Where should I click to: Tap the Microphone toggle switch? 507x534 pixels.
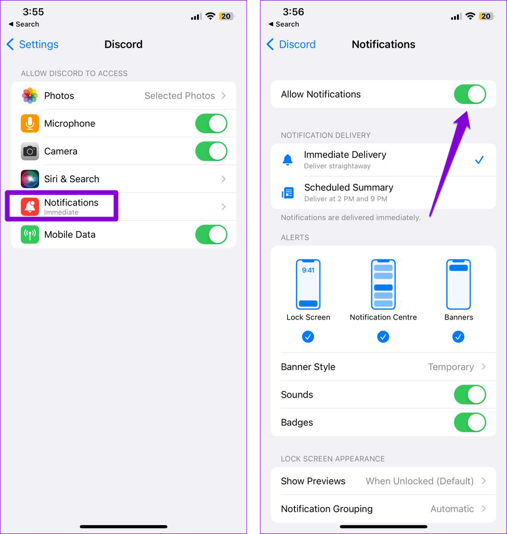pos(211,123)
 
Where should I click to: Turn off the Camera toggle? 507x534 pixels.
pos(211,151)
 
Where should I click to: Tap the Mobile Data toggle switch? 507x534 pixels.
pos(211,235)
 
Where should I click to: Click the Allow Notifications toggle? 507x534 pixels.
pos(470,94)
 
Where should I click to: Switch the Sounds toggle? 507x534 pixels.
pos(470,395)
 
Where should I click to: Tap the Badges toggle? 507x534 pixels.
pos(470,423)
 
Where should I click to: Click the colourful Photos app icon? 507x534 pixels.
pos(30,96)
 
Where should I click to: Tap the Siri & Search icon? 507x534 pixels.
pos(30,179)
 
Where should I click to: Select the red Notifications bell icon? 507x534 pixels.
pos(30,207)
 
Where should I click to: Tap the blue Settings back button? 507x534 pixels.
pos(32,45)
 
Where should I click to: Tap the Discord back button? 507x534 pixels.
pos(291,45)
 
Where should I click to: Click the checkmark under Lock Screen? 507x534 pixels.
pos(308,337)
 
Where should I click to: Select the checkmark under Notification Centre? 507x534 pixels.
pos(383,337)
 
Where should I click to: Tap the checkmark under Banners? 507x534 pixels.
pos(459,337)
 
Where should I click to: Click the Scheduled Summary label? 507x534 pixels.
pos(348,187)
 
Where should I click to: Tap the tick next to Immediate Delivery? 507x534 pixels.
pos(479,160)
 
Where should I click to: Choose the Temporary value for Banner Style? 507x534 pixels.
pos(451,367)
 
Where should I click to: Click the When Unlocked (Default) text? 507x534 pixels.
pos(420,481)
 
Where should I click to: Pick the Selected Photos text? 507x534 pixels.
pos(179,96)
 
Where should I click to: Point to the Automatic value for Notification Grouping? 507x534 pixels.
pos(452,509)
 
